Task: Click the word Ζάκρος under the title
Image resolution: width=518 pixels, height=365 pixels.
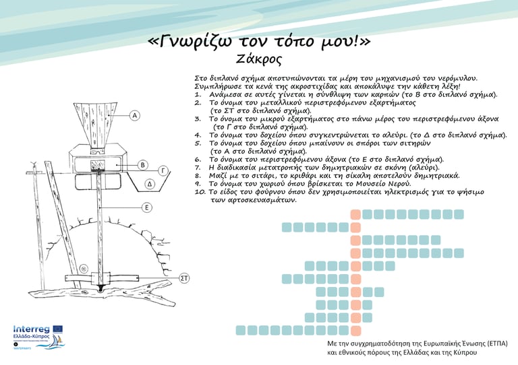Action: point(259,59)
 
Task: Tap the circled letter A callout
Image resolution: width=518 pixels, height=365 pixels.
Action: point(135,116)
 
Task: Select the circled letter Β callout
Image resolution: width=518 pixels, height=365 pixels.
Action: point(142,165)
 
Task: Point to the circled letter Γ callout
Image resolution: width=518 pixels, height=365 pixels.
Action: point(163,170)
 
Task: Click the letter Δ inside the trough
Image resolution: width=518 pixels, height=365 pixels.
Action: point(150,183)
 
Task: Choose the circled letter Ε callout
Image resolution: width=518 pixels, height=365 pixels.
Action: point(147,207)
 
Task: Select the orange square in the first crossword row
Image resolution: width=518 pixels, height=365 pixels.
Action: point(355,214)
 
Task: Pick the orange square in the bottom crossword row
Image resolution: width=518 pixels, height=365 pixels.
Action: point(355,330)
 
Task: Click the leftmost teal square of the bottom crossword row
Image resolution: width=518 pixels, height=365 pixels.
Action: point(241,330)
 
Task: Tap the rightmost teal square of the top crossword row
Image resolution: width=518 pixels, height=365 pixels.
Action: point(459,214)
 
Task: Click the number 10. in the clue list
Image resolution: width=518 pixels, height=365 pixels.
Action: point(200,192)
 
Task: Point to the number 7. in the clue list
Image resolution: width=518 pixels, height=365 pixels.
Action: point(198,166)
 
